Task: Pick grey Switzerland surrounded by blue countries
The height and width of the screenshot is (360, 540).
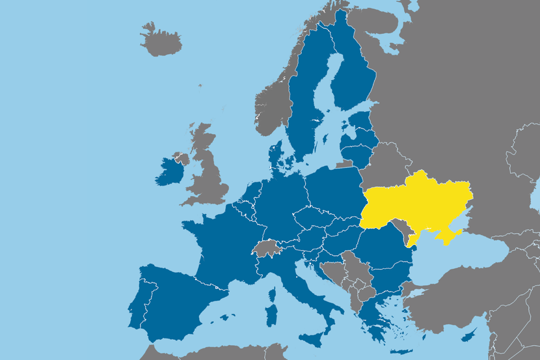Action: pos(265,247)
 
